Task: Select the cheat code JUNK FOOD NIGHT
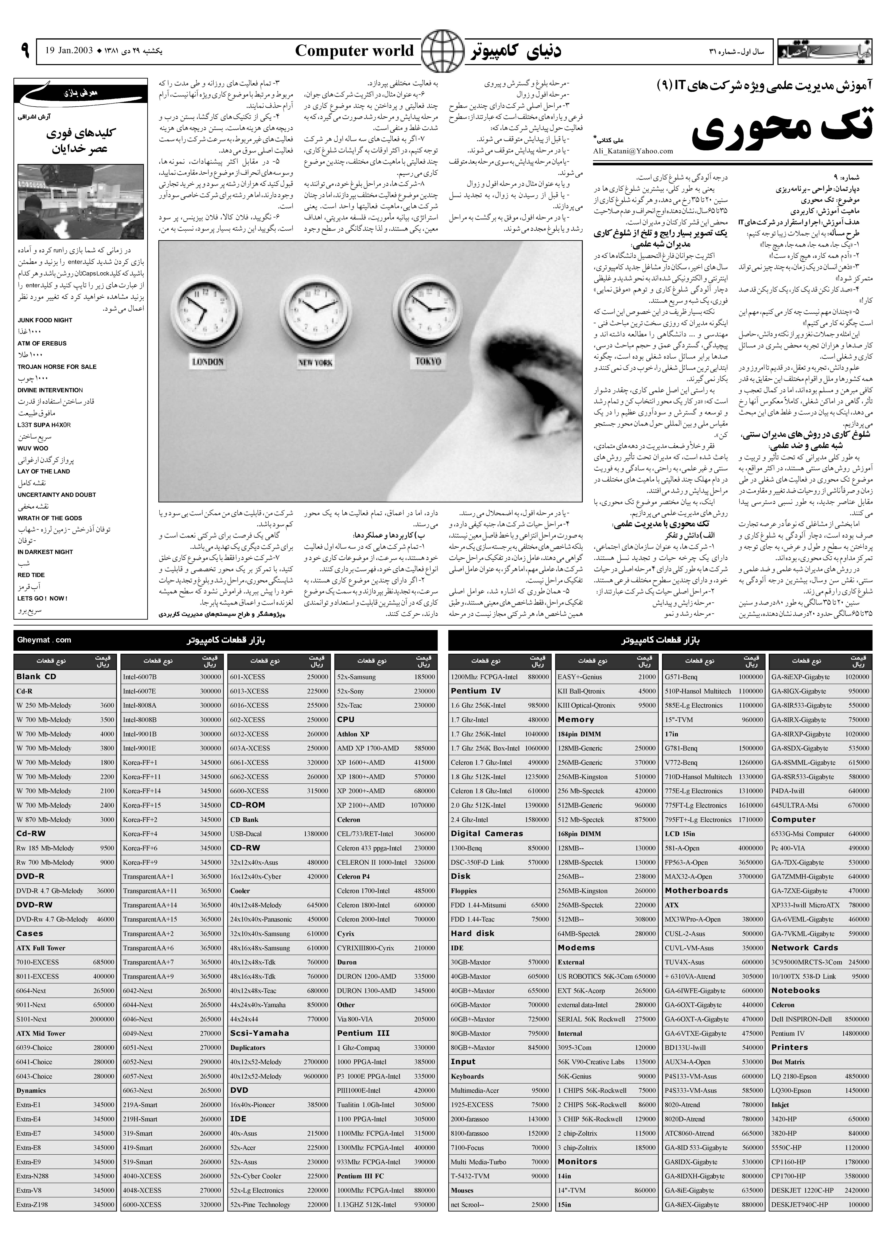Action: click(x=45, y=321)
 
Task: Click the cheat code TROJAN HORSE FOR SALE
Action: click(x=57, y=367)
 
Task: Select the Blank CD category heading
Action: click(x=37, y=677)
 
